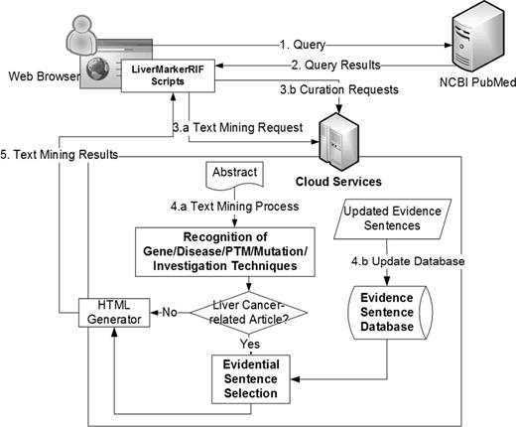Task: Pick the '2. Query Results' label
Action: (x=335, y=66)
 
